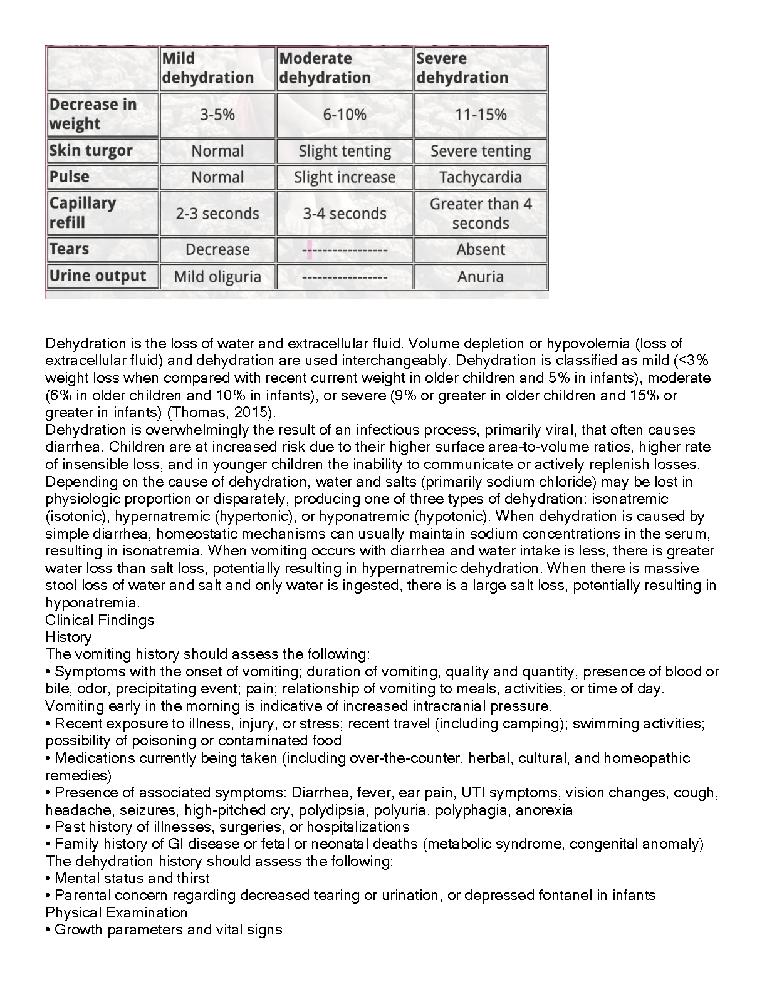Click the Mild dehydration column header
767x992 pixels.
click(x=207, y=68)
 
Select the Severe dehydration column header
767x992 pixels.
click(x=462, y=68)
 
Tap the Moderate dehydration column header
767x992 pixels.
click(x=325, y=68)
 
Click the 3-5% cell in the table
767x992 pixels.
click(x=217, y=115)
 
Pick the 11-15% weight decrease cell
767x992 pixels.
click(x=481, y=115)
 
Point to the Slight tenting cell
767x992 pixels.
click(x=345, y=151)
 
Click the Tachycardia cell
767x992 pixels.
click(x=481, y=177)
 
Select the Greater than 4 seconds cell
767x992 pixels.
click(x=481, y=214)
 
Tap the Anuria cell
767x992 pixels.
click(x=481, y=277)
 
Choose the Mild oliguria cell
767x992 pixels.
click(x=217, y=277)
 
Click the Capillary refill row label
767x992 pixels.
click(x=83, y=213)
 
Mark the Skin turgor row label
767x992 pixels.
click(x=91, y=151)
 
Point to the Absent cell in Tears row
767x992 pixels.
click(x=481, y=249)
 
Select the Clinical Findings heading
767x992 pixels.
click(x=100, y=620)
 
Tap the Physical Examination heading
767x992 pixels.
click(x=117, y=912)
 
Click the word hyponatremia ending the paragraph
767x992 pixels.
click(x=92, y=602)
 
